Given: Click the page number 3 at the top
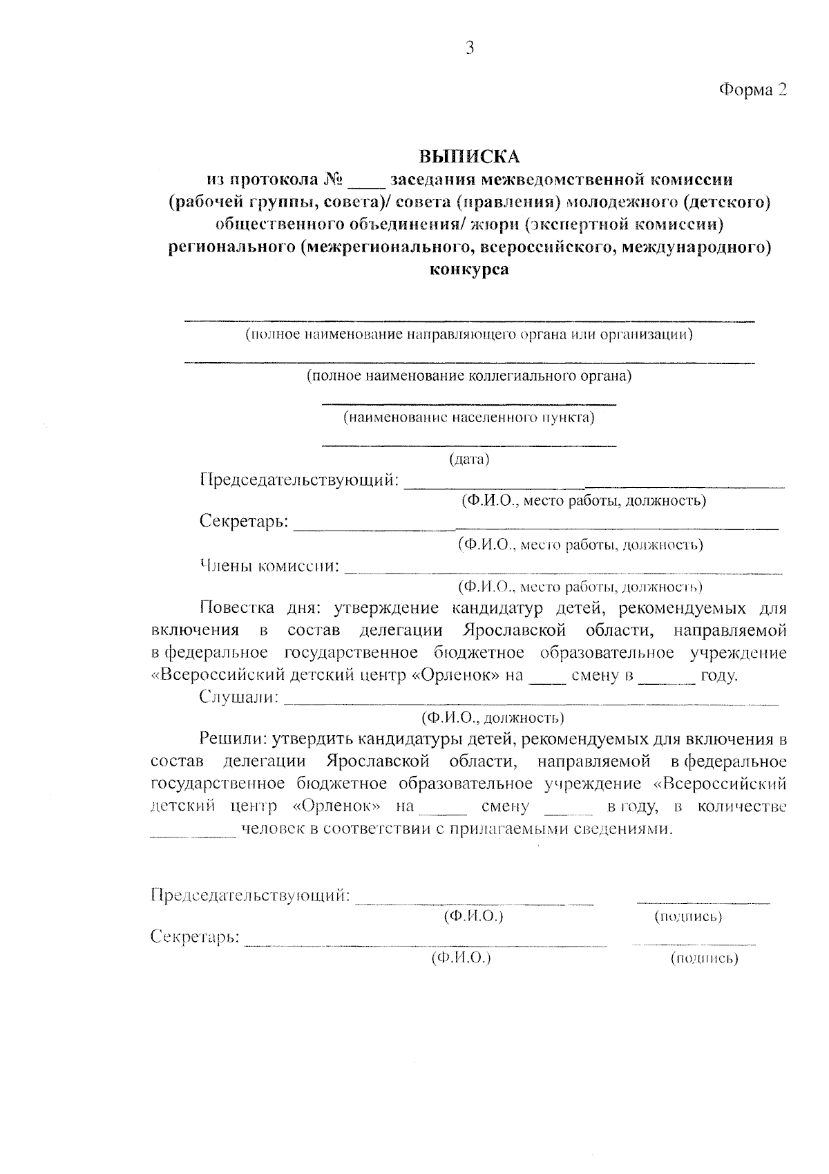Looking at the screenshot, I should click(470, 48).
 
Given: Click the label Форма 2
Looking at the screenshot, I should click(753, 90).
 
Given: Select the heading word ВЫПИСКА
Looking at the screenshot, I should click(470, 157).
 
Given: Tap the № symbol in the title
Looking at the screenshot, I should click(333, 180).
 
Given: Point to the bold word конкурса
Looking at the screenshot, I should click(469, 269).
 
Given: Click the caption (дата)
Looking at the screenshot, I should click(469, 460).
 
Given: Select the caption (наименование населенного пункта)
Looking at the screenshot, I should click(469, 418).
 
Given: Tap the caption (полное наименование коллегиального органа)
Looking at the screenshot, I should click(469, 377).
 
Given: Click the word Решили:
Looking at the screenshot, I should click(233, 739).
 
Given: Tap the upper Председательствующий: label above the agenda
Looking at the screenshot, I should click(299, 480).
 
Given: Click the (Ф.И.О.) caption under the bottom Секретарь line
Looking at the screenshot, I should click(461, 958).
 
